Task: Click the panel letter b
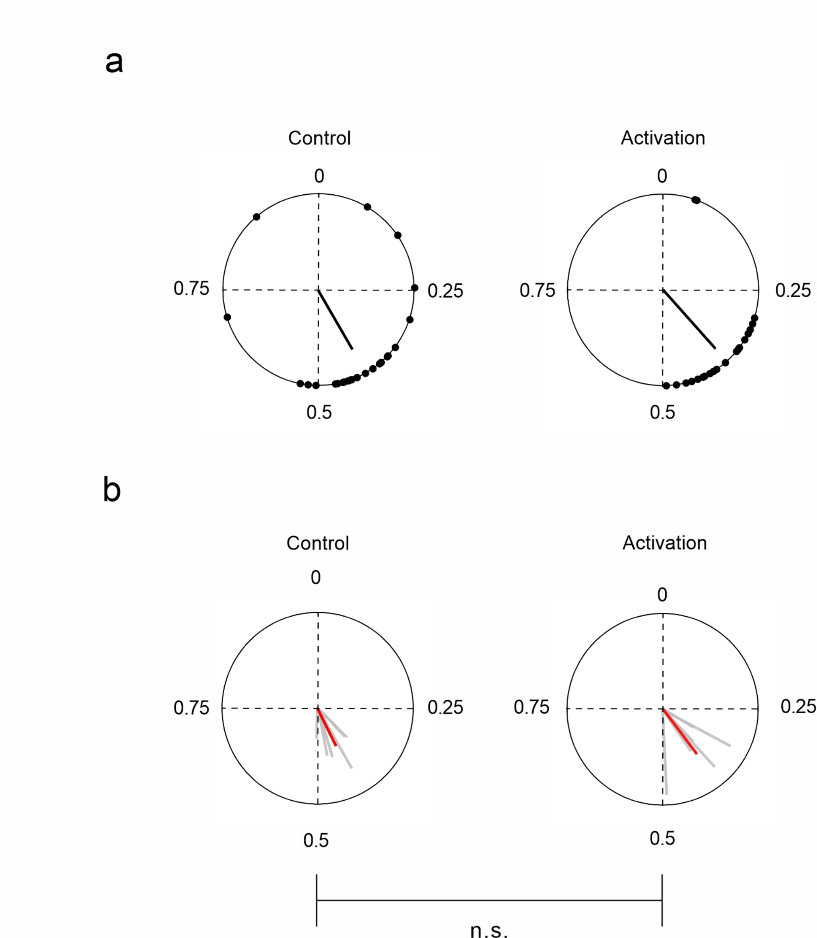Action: (112, 490)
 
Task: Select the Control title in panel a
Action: (319, 138)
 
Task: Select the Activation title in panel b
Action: (664, 543)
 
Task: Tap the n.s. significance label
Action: (489, 930)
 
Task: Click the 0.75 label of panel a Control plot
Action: (191, 289)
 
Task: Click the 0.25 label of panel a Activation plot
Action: (792, 291)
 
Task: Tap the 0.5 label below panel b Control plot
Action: (316, 840)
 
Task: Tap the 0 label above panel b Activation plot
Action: (662, 595)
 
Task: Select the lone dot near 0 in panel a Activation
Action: (695, 200)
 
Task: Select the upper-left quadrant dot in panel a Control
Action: (256, 216)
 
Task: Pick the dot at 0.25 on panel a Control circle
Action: (414, 288)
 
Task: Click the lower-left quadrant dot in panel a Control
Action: (227, 317)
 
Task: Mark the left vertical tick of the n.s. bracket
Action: (316, 900)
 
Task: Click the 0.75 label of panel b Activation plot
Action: (531, 707)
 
